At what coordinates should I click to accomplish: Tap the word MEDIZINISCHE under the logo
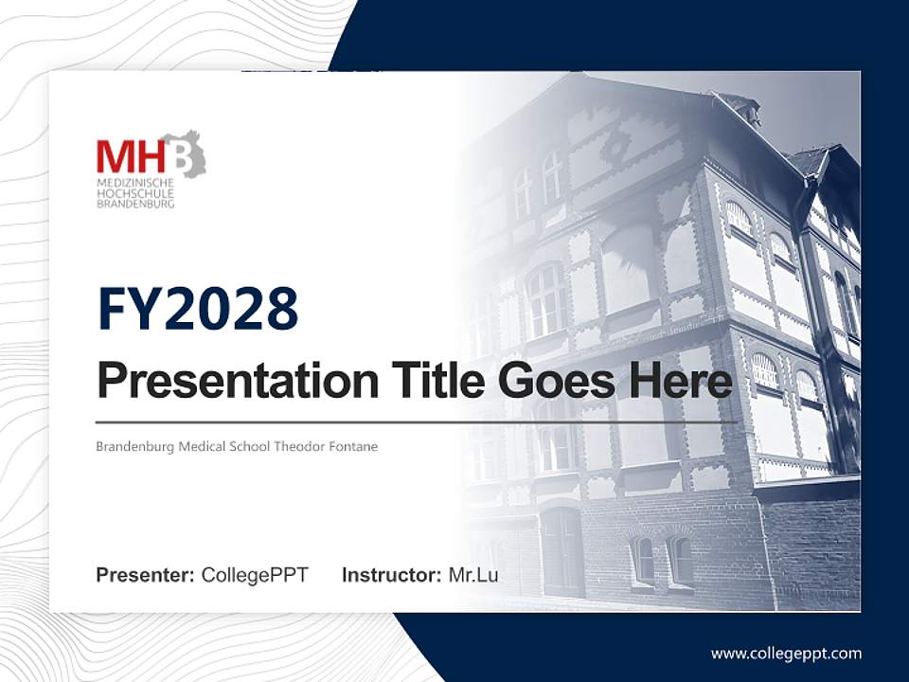coord(135,183)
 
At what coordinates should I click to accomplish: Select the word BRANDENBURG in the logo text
coord(135,204)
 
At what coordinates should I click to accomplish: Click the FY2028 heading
coord(198,309)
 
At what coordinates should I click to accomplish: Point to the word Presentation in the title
coord(238,381)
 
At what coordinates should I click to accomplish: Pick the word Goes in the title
coord(556,380)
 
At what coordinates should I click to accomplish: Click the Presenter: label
coord(145,575)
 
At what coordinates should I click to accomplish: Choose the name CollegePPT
coord(255,575)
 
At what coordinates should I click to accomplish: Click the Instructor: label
coord(392,575)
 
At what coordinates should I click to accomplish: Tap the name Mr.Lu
coord(473,575)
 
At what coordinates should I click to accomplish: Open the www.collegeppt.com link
coord(786,655)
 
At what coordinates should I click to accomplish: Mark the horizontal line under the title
coord(417,422)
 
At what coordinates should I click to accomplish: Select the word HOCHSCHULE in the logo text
coord(135,193)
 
